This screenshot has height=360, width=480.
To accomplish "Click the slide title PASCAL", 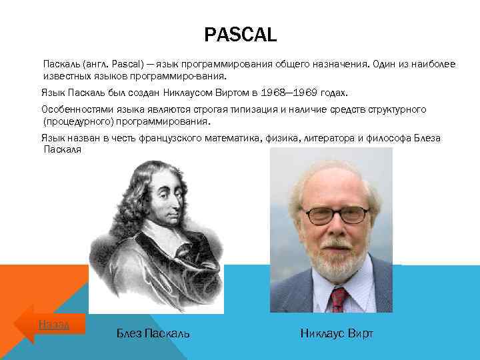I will [240, 35].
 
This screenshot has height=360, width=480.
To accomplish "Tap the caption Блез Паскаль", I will [153, 333].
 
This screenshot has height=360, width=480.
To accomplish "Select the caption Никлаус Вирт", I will [336, 333].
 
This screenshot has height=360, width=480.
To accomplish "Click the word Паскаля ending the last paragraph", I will [62, 150].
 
